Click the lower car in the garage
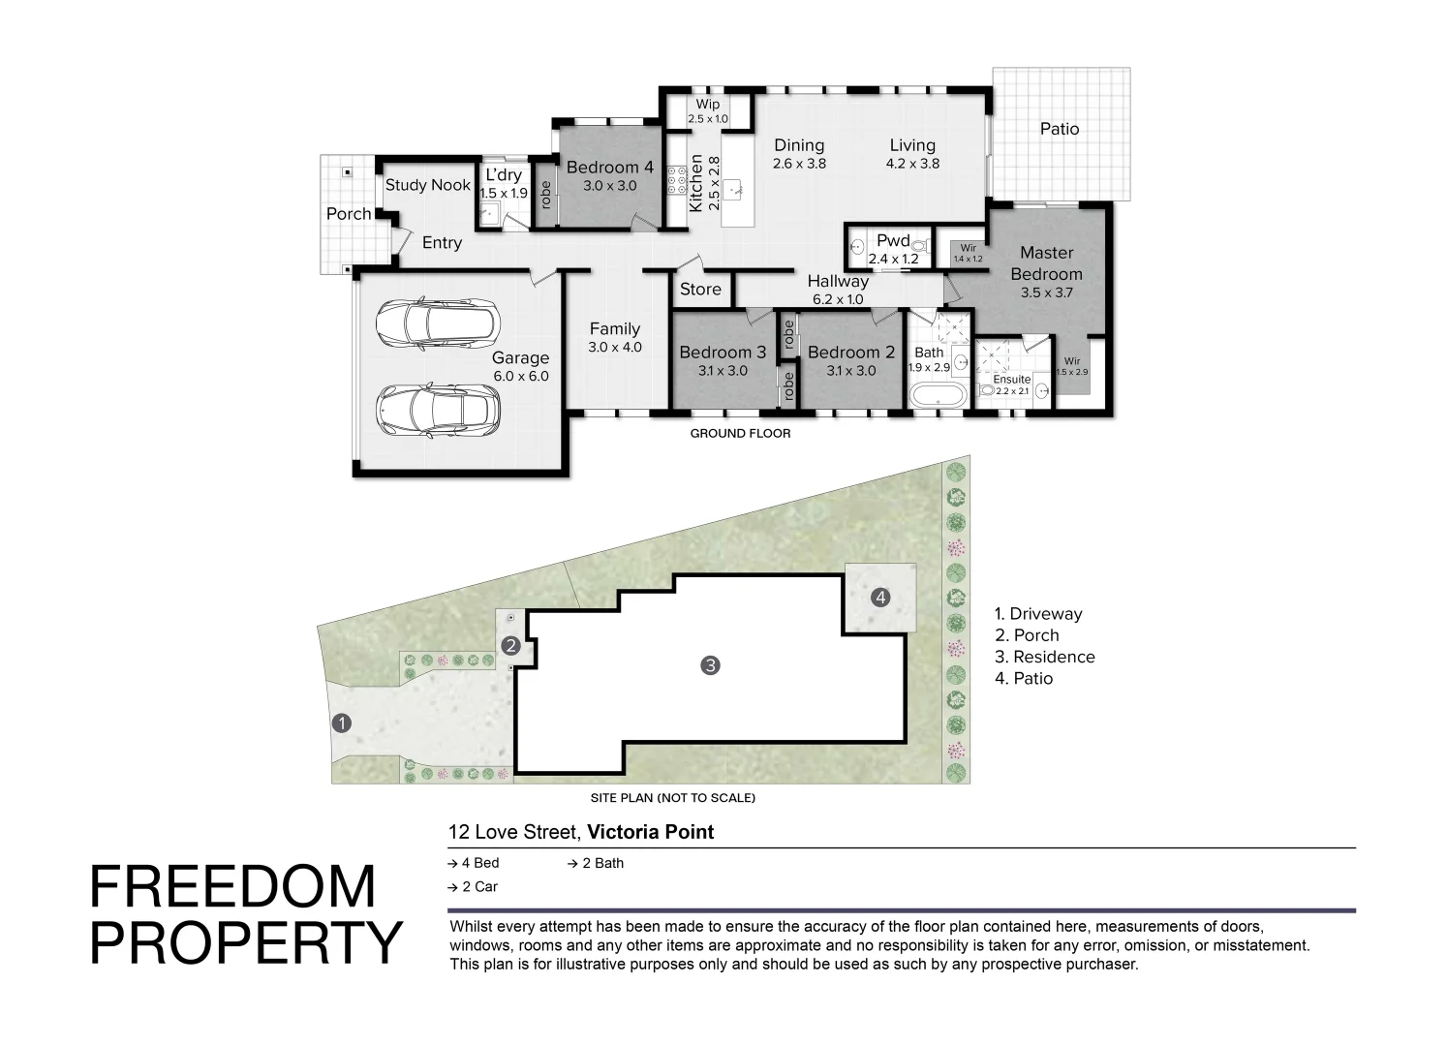click(x=437, y=411)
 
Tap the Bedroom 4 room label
click(x=609, y=168)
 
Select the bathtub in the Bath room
click(x=937, y=395)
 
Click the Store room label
click(x=699, y=290)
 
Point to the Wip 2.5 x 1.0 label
click(x=707, y=111)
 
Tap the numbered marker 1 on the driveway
click(x=341, y=723)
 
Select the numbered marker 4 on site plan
click(x=879, y=598)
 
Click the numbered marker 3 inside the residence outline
click(x=710, y=665)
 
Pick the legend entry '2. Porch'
click(x=1027, y=635)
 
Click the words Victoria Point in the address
click(x=651, y=832)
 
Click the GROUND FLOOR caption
click(x=740, y=434)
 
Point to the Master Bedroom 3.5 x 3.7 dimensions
click(x=1046, y=292)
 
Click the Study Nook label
click(x=427, y=185)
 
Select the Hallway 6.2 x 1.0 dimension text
click(x=838, y=299)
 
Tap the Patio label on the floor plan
click(x=1059, y=129)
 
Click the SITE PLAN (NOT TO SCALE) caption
click(x=672, y=799)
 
